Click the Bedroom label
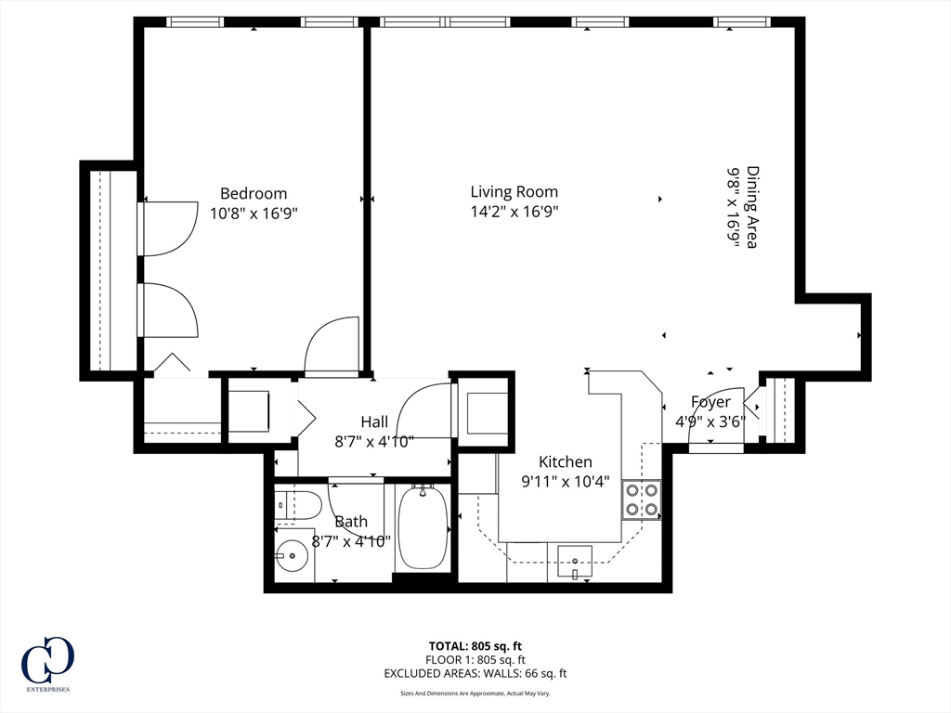click(254, 193)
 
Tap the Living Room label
click(515, 192)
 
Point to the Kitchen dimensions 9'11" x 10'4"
click(566, 482)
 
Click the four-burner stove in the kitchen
click(642, 499)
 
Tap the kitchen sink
click(574, 563)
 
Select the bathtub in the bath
click(423, 527)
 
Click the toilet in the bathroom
click(297, 506)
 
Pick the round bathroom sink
click(293, 555)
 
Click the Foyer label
click(710, 402)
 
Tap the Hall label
click(374, 422)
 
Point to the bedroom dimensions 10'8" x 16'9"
click(254, 214)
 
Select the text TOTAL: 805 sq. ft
click(475, 646)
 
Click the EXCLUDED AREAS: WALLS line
click(475, 674)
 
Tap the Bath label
click(351, 522)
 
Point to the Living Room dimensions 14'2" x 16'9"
click(515, 213)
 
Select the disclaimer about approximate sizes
click(475, 693)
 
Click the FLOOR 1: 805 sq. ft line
click(475, 660)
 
